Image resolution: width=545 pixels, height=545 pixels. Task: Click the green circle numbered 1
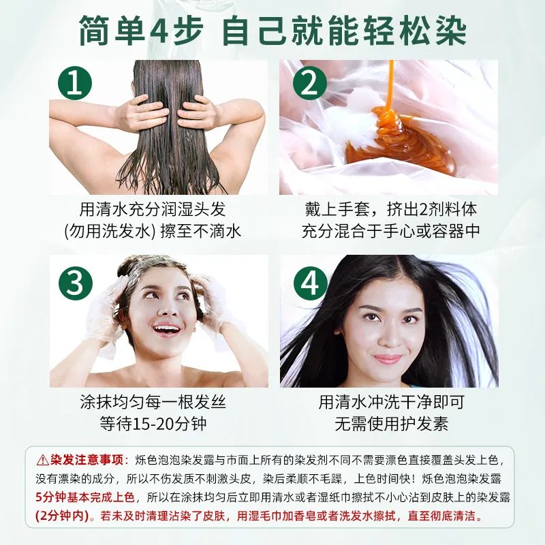tap(79, 86)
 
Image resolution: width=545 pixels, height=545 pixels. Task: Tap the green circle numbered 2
tap(310, 86)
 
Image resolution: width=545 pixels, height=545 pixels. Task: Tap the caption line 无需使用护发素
tap(391, 424)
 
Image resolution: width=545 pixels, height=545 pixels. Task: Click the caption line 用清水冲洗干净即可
tap(391, 402)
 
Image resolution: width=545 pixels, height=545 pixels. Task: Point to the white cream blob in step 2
tap(354, 123)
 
